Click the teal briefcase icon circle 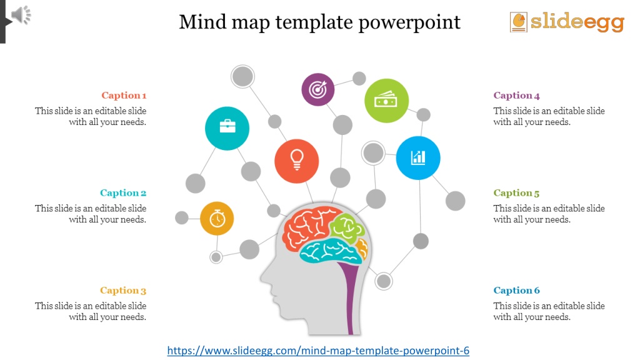click(227, 128)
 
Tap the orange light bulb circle click(296, 161)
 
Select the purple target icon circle click(317, 89)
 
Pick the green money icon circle click(386, 101)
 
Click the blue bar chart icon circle click(418, 158)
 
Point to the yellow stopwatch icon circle click(217, 218)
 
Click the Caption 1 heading click(124, 96)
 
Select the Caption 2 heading click(123, 193)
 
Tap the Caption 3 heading click(123, 291)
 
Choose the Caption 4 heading click(516, 96)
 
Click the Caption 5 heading click(516, 193)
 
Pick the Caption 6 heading click(516, 291)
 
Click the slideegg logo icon click(518, 22)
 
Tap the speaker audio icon click(21, 15)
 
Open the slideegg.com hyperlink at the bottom click(318, 351)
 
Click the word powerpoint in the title click(409, 22)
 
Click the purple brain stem click(350, 296)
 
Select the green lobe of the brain click(347, 227)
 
